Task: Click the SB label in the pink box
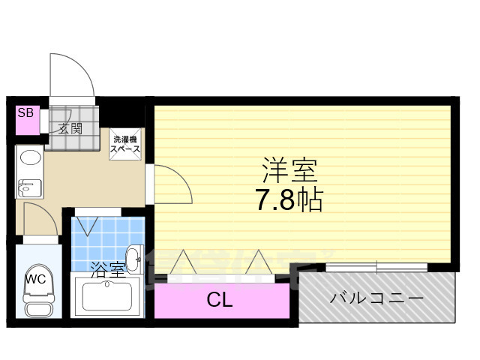[x=25, y=113]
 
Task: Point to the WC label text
[x=35, y=279]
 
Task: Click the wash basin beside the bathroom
[x=133, y=259]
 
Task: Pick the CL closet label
[x=220, y=301]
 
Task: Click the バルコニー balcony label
[x=376, y=298]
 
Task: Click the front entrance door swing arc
[x=73, y=75]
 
